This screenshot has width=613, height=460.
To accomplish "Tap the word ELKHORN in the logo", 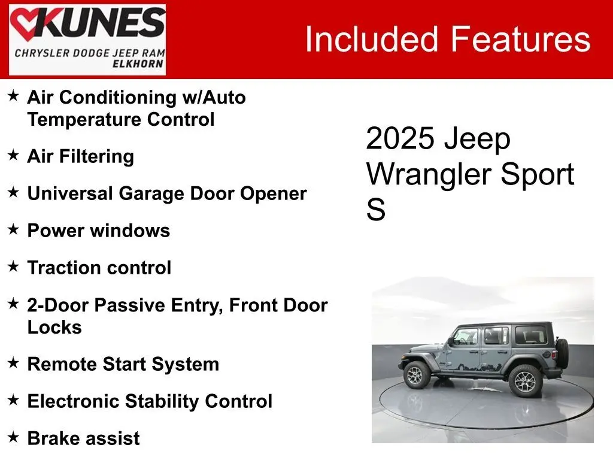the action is (138, 63).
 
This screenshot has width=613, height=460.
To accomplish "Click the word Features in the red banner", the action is (521, 39).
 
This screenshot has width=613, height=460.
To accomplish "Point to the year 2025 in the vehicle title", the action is (400, 138).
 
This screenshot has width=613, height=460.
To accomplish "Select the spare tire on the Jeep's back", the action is (562, 353).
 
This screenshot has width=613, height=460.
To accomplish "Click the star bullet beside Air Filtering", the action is (13, 155).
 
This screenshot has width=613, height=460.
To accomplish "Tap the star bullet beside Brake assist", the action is (13, 437).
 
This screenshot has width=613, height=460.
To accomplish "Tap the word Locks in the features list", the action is (54, 328).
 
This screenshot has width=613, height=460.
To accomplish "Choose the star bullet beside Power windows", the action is (13, 229).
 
